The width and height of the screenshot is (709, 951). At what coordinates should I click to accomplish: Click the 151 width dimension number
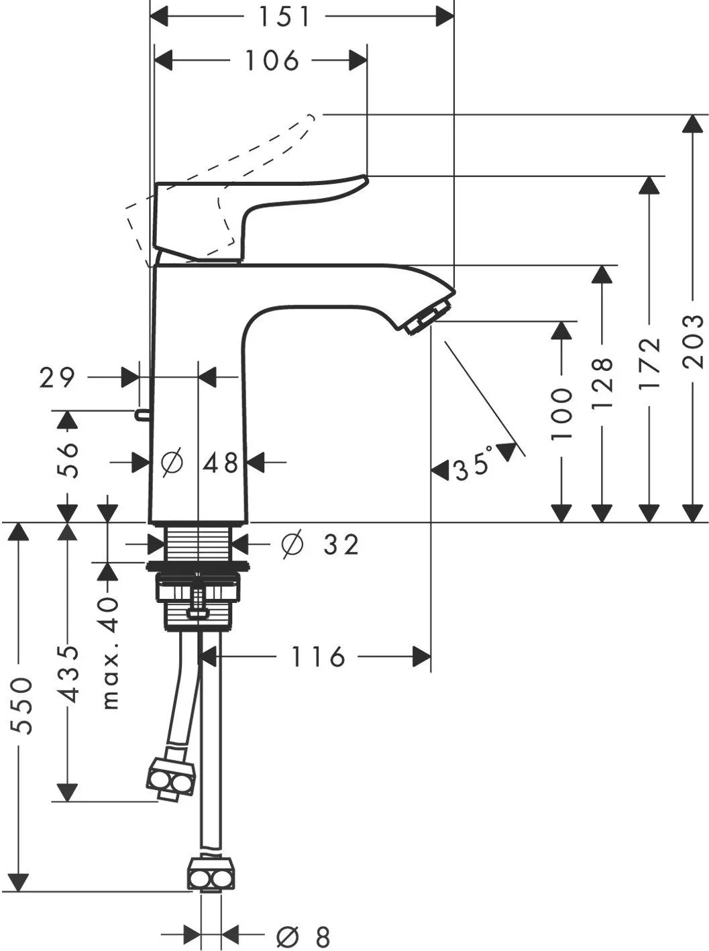(284, 17)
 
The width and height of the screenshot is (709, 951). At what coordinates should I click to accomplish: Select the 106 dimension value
(272, 60)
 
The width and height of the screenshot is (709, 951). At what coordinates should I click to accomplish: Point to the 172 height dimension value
(650, 363)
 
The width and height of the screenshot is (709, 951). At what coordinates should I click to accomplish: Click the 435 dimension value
(68, 675)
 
